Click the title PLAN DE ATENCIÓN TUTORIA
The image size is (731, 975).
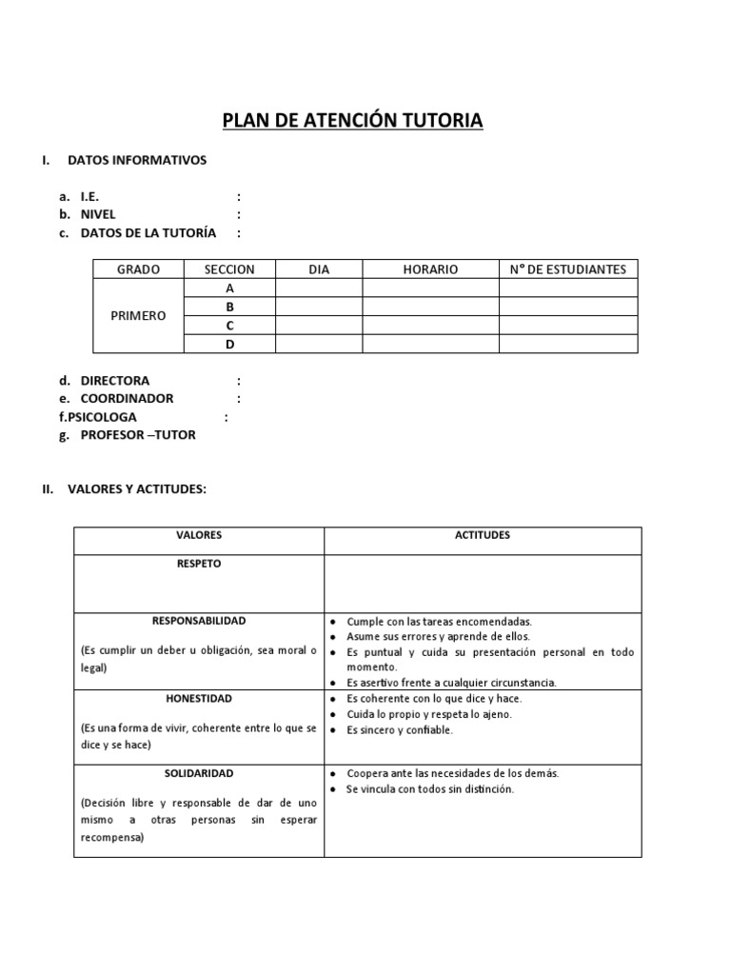352,120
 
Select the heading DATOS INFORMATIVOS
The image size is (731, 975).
137,160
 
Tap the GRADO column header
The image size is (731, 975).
138,269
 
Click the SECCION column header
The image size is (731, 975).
229,269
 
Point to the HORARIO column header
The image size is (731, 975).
430,269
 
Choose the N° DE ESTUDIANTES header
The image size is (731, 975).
568,269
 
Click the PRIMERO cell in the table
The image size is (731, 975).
138,316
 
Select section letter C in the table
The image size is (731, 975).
229,326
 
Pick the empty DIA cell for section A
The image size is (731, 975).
319,289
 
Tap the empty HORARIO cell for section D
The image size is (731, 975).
430,344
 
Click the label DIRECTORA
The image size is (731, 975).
114,380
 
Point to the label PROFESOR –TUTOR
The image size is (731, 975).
138,435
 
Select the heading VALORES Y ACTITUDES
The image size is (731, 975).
137,489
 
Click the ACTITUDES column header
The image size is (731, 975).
483,535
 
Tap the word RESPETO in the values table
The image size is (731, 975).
198,564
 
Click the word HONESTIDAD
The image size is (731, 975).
198,698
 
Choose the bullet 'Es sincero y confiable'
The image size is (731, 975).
400,730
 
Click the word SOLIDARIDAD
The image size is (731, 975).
198,773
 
